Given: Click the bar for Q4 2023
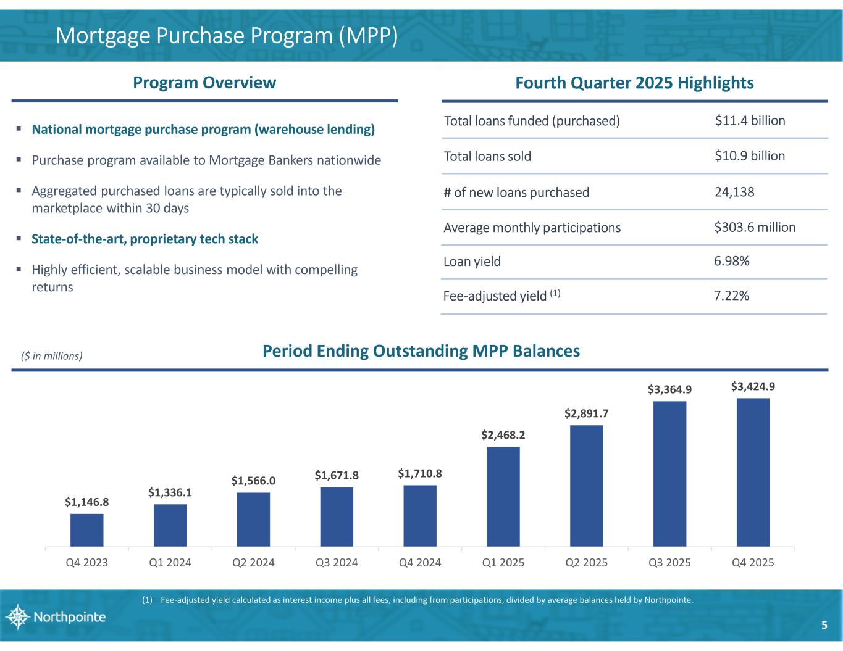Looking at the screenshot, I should point(87,530).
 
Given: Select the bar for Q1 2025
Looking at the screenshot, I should point(503,497).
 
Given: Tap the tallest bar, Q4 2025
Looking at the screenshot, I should point(753,472).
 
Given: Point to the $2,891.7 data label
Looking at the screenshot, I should point(587,413).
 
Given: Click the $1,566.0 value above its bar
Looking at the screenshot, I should point(253,480).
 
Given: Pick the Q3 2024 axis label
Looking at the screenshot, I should point(337,563).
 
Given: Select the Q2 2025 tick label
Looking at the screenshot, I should point(587,563).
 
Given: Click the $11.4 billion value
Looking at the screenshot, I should point(750,120).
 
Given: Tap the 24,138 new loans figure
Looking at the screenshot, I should point(734,192).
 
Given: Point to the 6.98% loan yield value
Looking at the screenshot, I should point(732,262).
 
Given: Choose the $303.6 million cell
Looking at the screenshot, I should point(755,227).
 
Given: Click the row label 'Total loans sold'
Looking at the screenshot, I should point(487,156).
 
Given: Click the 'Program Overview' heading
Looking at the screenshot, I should point(204,83).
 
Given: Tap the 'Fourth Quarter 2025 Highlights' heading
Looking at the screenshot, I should point(634,83).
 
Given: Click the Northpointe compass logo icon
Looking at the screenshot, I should point(17,616).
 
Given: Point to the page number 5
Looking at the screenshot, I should point(824,625).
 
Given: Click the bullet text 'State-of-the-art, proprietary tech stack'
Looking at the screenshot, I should point(145,239).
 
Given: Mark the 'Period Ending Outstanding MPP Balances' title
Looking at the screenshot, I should point(421,351).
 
